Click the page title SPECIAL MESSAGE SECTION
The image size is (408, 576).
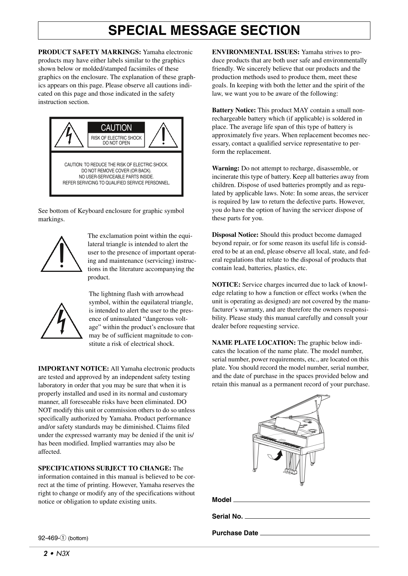click(x=204, y=30)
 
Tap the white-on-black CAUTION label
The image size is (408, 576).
click(x=116, y=128)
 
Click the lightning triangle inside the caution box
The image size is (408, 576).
click(x=69, y=136)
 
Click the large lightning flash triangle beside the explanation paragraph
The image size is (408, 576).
click(x=62, y=322)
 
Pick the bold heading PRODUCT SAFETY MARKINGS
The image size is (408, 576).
click(x=90, y=52)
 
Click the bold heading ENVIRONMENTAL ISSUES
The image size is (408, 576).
click(x=256, y=52)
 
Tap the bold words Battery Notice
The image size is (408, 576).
click(x=234, y=110)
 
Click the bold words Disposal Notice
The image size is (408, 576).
click(x=235, y=235)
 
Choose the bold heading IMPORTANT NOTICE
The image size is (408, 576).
click(x=73, y=368)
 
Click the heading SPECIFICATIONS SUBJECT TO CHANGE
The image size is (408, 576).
click(x=104, y=468)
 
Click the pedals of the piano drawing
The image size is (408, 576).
click(x=290, y=472)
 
